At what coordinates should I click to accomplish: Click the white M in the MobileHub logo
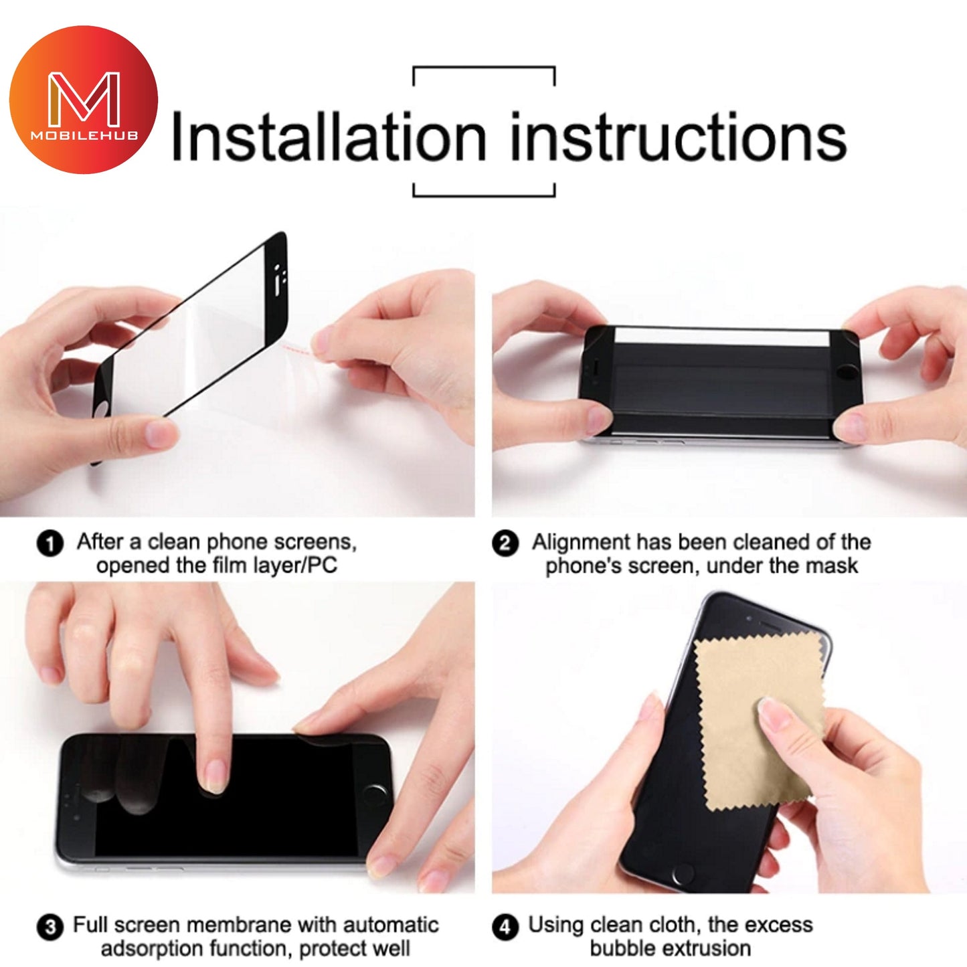point(84,99)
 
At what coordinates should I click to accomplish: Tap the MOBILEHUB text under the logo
point(84,136)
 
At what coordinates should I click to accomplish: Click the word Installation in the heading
point(329,136)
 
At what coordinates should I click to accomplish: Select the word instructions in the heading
point(679,136)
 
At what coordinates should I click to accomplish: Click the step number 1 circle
point(50,543)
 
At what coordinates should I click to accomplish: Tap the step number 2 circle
point(505,544)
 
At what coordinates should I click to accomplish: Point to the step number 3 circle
point(50,927)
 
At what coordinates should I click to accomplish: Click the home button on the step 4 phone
point(683,874)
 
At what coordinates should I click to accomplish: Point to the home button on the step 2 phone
point(849,372)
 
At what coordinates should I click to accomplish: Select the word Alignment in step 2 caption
point(580,543)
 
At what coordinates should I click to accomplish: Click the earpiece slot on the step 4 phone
point(768,626)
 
